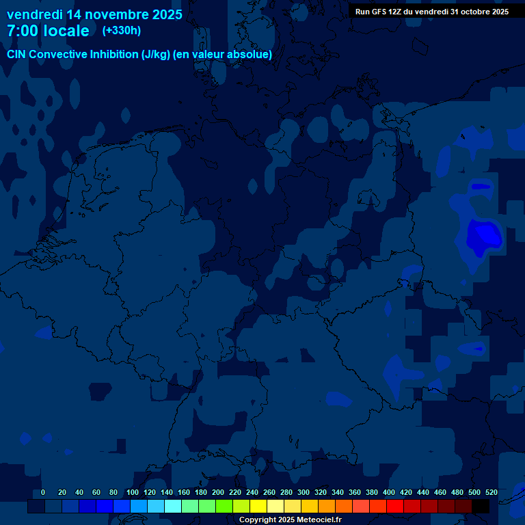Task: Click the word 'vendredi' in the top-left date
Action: tap(33, 14)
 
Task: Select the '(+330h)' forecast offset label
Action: tap(121, 31)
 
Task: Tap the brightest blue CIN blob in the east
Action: tap(483, 235)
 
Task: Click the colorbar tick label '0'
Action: tap(43, 492)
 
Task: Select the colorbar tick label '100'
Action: tap(133, 492)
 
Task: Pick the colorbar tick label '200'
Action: tap(218, 492)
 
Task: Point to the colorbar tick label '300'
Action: tap(304, 492)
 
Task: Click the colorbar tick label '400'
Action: tap(389, 492)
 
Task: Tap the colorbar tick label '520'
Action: tap(492, 492)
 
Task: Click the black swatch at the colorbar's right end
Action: tap(481, 507)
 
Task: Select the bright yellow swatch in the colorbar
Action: tap(258, 507)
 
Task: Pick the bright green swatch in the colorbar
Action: tap(224, 507)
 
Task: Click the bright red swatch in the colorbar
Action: tap(395, 507)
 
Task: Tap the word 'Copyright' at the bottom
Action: tap(257, 520)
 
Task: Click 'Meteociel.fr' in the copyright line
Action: tap(319, 520)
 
